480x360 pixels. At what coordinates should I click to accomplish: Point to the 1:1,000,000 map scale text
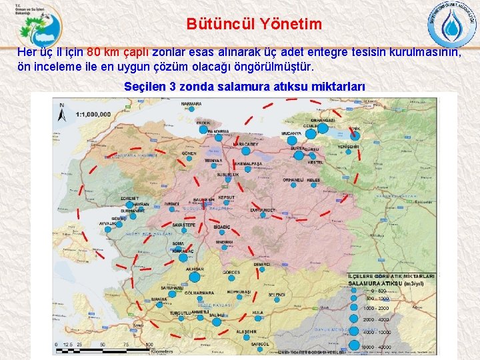pos(93,115)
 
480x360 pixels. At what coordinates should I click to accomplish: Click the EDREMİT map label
pos(129,198)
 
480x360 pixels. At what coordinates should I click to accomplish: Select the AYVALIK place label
pos(107,224)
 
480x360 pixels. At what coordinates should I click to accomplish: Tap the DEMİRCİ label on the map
pos(261,265)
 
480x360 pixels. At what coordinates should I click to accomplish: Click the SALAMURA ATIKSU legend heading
pos(387,283)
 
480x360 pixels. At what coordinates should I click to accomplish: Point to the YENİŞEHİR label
pos(349,147)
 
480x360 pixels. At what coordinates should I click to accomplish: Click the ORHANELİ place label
pos(294,180)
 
